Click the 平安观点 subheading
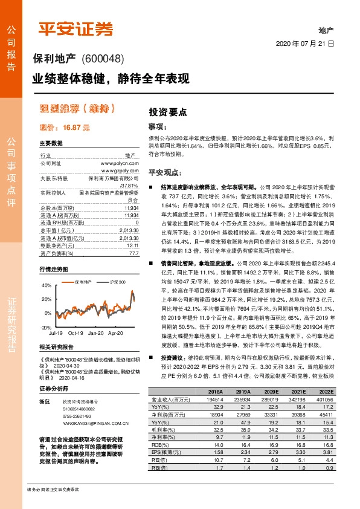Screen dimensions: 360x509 point(165,172)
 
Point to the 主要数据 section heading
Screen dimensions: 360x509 point(51,143)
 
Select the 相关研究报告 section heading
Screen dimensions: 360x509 point(56,347)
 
